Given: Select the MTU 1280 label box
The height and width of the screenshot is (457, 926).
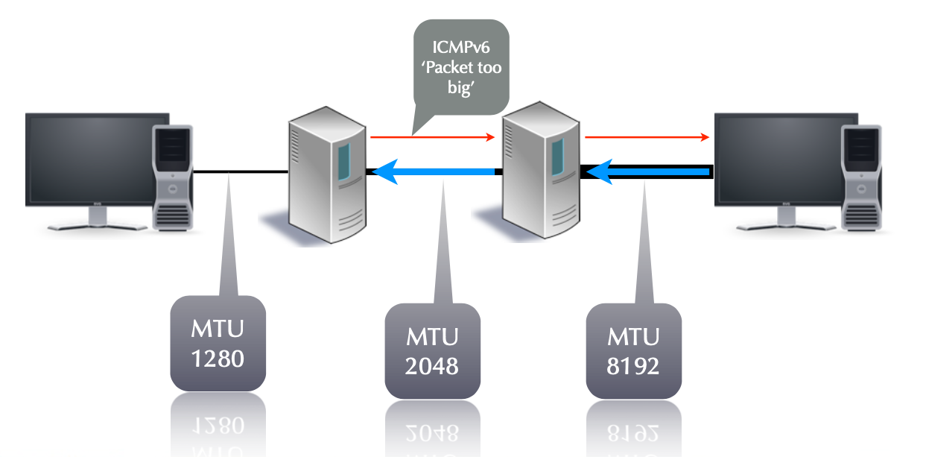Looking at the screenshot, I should click(x=218, y=342).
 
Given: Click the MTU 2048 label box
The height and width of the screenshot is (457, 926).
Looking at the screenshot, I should click(x=432, y=350).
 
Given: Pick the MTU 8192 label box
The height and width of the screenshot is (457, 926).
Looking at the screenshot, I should click(x=633, y=350).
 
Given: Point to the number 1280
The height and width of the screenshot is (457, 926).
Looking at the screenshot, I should click(x=218, y=359).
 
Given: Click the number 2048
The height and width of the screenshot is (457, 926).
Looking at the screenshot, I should click(x=432, y=366).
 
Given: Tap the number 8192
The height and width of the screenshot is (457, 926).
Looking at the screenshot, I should click(x=633, y=366).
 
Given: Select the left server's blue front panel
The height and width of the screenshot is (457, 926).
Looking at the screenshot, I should click(x=343, y=164).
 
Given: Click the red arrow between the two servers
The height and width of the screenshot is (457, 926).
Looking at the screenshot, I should click(x=432, y=137).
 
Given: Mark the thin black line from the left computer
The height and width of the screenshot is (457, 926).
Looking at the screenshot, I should click(x=238, y=172).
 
